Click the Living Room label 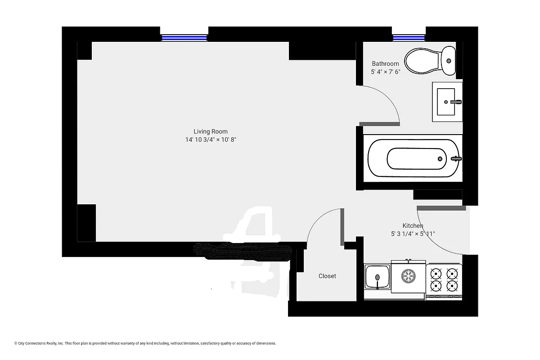[211, 131]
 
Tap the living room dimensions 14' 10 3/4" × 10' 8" [211, 140]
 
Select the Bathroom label [385, 64]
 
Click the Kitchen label [413, 225]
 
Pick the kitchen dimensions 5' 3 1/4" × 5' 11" [413, 234]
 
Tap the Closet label [327, 276]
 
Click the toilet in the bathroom [430, 61]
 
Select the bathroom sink [447, 102]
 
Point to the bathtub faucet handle [456, 158]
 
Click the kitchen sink [377, 277]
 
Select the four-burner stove [444, 279]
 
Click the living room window [184, 38]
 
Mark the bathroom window [409, 38]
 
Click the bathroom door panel [379, 124]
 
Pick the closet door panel [342, 226]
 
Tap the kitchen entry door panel [441, 208]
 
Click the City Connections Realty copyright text [145, 343]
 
